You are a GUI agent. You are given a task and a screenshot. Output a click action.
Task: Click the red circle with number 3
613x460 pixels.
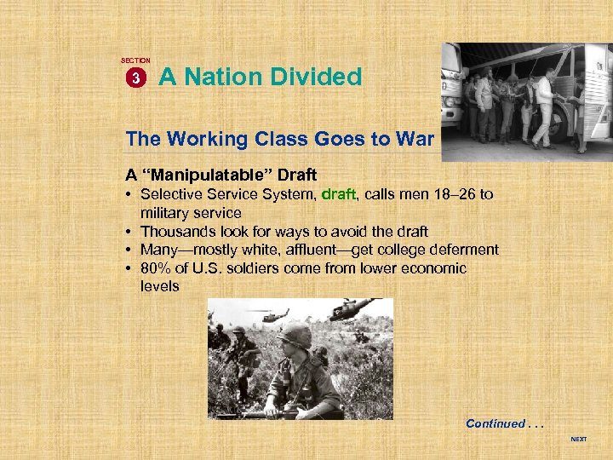point(135,78)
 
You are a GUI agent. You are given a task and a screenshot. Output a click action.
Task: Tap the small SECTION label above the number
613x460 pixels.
point(135,60)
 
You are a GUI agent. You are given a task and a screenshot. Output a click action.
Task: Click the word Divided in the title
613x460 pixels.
point(316,78)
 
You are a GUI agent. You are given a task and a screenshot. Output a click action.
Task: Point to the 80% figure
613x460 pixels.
point(157,268)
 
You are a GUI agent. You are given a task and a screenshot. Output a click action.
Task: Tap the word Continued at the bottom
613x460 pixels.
point(496,423)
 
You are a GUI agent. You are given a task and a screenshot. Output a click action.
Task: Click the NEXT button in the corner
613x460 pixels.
point(578,440)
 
